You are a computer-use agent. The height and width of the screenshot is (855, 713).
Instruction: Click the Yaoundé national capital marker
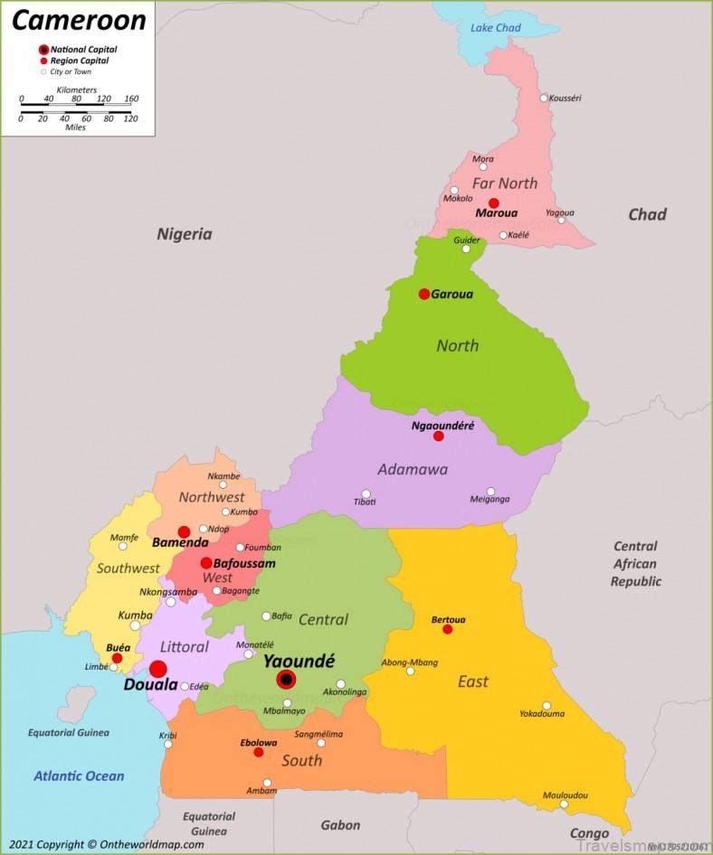point(286,679)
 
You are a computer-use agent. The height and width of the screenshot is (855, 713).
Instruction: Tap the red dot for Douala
point(158,669)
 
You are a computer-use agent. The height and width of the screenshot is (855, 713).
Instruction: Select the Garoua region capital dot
point(423,294)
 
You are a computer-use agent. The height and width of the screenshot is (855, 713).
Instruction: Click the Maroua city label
point(497,215)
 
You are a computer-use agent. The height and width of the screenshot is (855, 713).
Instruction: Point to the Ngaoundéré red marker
point(439,436)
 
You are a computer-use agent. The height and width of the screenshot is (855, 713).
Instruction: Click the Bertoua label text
point(448,619)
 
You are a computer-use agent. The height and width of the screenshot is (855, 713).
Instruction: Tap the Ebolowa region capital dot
point(259,752)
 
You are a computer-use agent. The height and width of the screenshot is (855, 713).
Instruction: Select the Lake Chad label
point(496,28)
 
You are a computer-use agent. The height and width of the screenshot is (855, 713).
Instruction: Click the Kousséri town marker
point(544,99)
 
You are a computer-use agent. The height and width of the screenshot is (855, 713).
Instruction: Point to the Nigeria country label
point(185,234)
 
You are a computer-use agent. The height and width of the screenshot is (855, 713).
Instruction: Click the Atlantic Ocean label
point(79,775)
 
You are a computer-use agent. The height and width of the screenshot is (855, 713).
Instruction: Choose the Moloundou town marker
point(564,804)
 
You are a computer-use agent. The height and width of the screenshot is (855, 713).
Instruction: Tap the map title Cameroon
point(79,20)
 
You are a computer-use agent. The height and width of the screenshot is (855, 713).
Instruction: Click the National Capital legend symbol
point(43,49)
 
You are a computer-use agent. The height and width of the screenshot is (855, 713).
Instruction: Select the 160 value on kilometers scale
point(131,99)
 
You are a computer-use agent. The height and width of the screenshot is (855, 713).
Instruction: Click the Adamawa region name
point(413,469)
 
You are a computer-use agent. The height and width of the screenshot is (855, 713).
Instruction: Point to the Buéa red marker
point(117,658)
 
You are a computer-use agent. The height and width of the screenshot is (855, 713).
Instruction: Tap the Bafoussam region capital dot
point(206,563)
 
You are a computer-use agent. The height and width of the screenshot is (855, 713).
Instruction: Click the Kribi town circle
point(168,744)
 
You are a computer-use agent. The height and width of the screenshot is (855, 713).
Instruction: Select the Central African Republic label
point(635,564)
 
